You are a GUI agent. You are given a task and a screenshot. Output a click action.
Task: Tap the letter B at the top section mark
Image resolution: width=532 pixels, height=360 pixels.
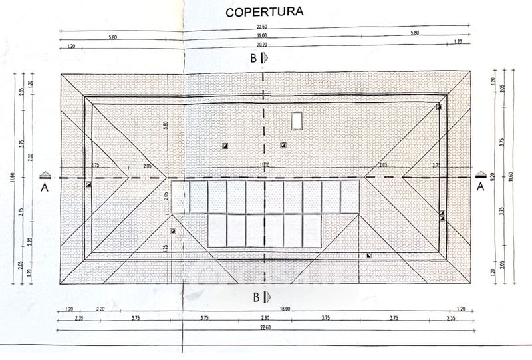[x=253, y=58]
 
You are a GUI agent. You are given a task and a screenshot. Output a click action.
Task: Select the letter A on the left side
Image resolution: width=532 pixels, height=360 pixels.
[x=45, y=188]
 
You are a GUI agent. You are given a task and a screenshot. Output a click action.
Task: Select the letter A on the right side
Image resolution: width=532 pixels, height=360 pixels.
[x=480, y=188]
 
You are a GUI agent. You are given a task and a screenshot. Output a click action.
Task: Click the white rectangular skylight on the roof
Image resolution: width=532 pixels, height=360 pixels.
[x=297, y=121]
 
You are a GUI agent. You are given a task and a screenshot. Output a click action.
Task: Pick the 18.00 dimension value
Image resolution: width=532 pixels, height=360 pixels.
[x=266, y=309]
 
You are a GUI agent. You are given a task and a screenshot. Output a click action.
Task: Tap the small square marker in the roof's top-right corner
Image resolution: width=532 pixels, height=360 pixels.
[x=439, y=106]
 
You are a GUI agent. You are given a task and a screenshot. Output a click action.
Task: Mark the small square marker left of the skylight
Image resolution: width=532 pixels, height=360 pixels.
[x=225, y=145]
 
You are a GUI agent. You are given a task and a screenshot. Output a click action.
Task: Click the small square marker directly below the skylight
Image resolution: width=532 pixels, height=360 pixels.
[x=283, y=145]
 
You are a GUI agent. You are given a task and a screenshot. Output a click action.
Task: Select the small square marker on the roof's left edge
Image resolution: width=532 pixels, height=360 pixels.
[x=88, y=184]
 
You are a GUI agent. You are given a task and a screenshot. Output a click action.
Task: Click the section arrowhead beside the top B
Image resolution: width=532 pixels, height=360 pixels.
[x=265, y=58]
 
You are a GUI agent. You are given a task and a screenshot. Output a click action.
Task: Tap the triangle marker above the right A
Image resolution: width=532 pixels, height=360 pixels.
[x=480, y=174]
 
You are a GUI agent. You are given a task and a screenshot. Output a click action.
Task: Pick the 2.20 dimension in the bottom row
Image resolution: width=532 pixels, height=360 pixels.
[x=100, y=309]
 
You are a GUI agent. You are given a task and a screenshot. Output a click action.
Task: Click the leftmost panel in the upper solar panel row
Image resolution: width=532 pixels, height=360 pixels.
[x=180, y=197]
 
